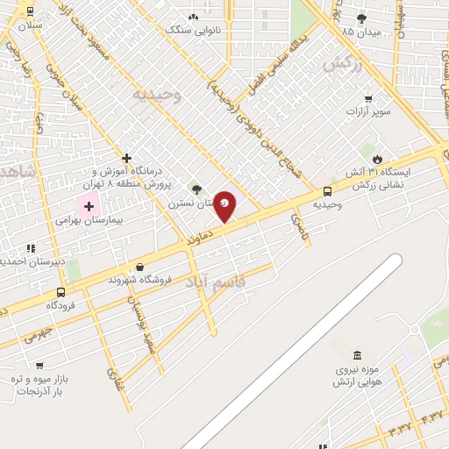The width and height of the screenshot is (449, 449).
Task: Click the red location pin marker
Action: (x=225, y=205)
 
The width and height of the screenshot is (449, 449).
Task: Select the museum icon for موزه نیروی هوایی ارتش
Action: (x=357, y=355)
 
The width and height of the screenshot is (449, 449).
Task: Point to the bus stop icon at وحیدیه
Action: (x=328, y=191)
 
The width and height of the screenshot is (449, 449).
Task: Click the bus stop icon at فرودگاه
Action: (x=61, y=292)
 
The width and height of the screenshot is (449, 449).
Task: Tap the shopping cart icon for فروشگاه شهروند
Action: (x=139, y=267)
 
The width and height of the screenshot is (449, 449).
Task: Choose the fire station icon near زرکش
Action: (x=378, y=159)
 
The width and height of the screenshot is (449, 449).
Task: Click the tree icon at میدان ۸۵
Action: (x=361, y=18)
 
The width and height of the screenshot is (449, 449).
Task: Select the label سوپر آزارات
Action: (x=367, y=112)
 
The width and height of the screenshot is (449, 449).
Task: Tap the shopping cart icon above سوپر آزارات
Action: (x=368, y=98)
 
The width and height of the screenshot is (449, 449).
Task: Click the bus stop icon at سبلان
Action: (x=31, y=12)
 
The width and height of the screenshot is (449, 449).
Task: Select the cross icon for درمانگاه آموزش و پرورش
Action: (x=127, y=159)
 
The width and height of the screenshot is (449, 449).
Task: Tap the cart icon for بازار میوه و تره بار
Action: (x=39, y=365)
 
